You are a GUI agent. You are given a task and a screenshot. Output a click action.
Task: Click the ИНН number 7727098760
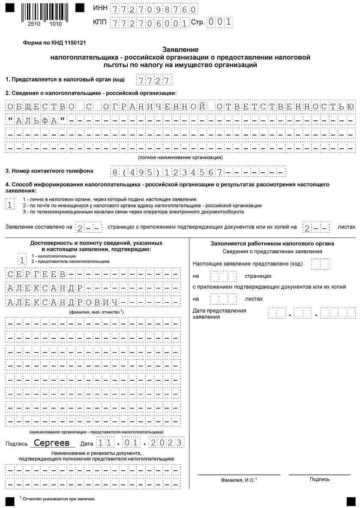pos(154,9)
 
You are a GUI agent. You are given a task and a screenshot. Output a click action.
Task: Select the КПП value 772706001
pos(150,23)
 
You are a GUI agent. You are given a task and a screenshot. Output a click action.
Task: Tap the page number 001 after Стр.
pos(219,22)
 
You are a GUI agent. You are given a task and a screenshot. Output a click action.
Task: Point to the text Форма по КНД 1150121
pos(54,44)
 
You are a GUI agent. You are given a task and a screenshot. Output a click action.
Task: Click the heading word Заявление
pos(180,49)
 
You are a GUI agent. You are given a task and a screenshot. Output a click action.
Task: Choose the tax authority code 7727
pos(154,80)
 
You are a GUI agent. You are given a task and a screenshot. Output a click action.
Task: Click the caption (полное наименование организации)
pos(180,158)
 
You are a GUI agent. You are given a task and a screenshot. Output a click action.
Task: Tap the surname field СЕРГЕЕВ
pos(36,274)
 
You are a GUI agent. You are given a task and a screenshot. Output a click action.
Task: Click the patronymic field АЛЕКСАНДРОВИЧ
pos(63,302)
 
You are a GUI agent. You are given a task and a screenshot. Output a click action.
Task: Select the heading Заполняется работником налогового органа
pos(272,243)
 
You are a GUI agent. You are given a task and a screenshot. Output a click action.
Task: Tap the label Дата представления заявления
pos(219,313)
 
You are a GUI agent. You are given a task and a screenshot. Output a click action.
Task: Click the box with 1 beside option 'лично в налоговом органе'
pos(10,205)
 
